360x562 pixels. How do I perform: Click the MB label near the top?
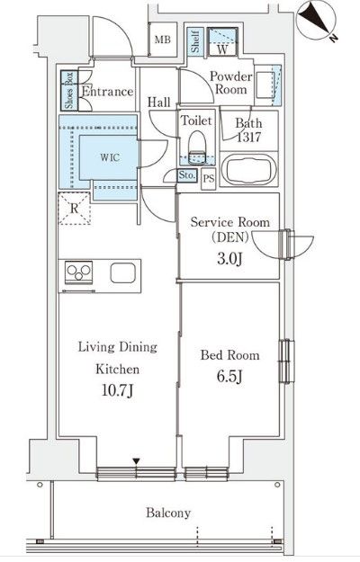click(x=162, y=40)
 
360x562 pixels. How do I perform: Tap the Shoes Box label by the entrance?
click(x=68, y=90)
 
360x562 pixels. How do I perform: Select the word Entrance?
click(x=107, y=92)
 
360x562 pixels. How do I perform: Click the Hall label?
click(x=159, y=102)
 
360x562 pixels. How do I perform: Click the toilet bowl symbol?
click(x=196, y=146)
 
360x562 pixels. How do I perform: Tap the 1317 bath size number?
click(x=249, y=138)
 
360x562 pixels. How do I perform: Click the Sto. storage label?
click(x=188, y=175)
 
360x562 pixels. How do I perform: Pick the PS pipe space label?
click(x=208, y=178)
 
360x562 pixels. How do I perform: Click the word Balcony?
click(x=168, y=513)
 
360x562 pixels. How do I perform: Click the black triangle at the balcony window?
click(x=136, y=462)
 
